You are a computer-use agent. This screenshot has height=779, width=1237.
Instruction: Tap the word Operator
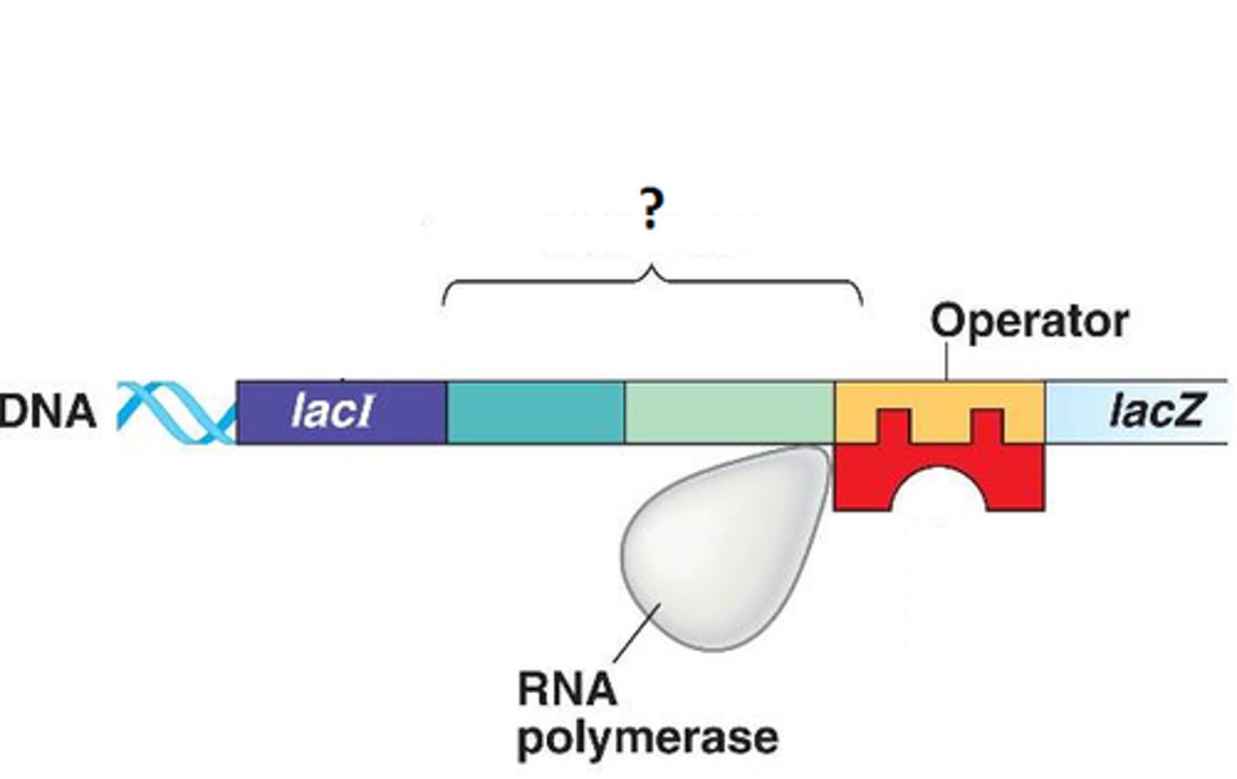click(x=1029, y=321)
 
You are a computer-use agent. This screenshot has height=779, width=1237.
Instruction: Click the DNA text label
click(x=48, y=411)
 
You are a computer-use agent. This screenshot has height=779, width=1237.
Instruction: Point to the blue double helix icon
click(x=176, y=413)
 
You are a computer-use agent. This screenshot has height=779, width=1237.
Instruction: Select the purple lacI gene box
click(x=341, y=412)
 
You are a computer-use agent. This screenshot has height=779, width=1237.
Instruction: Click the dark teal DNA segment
click(x=535, y=412)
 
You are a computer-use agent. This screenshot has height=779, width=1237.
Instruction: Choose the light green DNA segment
click(x=728, y=412)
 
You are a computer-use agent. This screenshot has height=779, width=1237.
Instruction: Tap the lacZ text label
click(x=1155, y=411)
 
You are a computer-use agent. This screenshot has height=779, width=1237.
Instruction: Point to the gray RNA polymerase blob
click(x=726, y=550)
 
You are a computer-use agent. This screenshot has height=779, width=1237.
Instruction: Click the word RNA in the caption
click(x=566, y=690)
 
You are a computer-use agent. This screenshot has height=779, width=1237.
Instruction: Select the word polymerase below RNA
click(x=648, y=738)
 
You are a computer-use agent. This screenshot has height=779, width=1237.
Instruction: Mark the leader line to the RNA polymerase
click(x=637, y=636)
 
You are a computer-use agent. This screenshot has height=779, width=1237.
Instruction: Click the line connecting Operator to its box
click(x=947, y=361)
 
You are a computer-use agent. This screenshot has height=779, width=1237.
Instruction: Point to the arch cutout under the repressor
click(x=939, y=494)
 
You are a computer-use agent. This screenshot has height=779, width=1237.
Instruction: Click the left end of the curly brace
click(x=444, y=301)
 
